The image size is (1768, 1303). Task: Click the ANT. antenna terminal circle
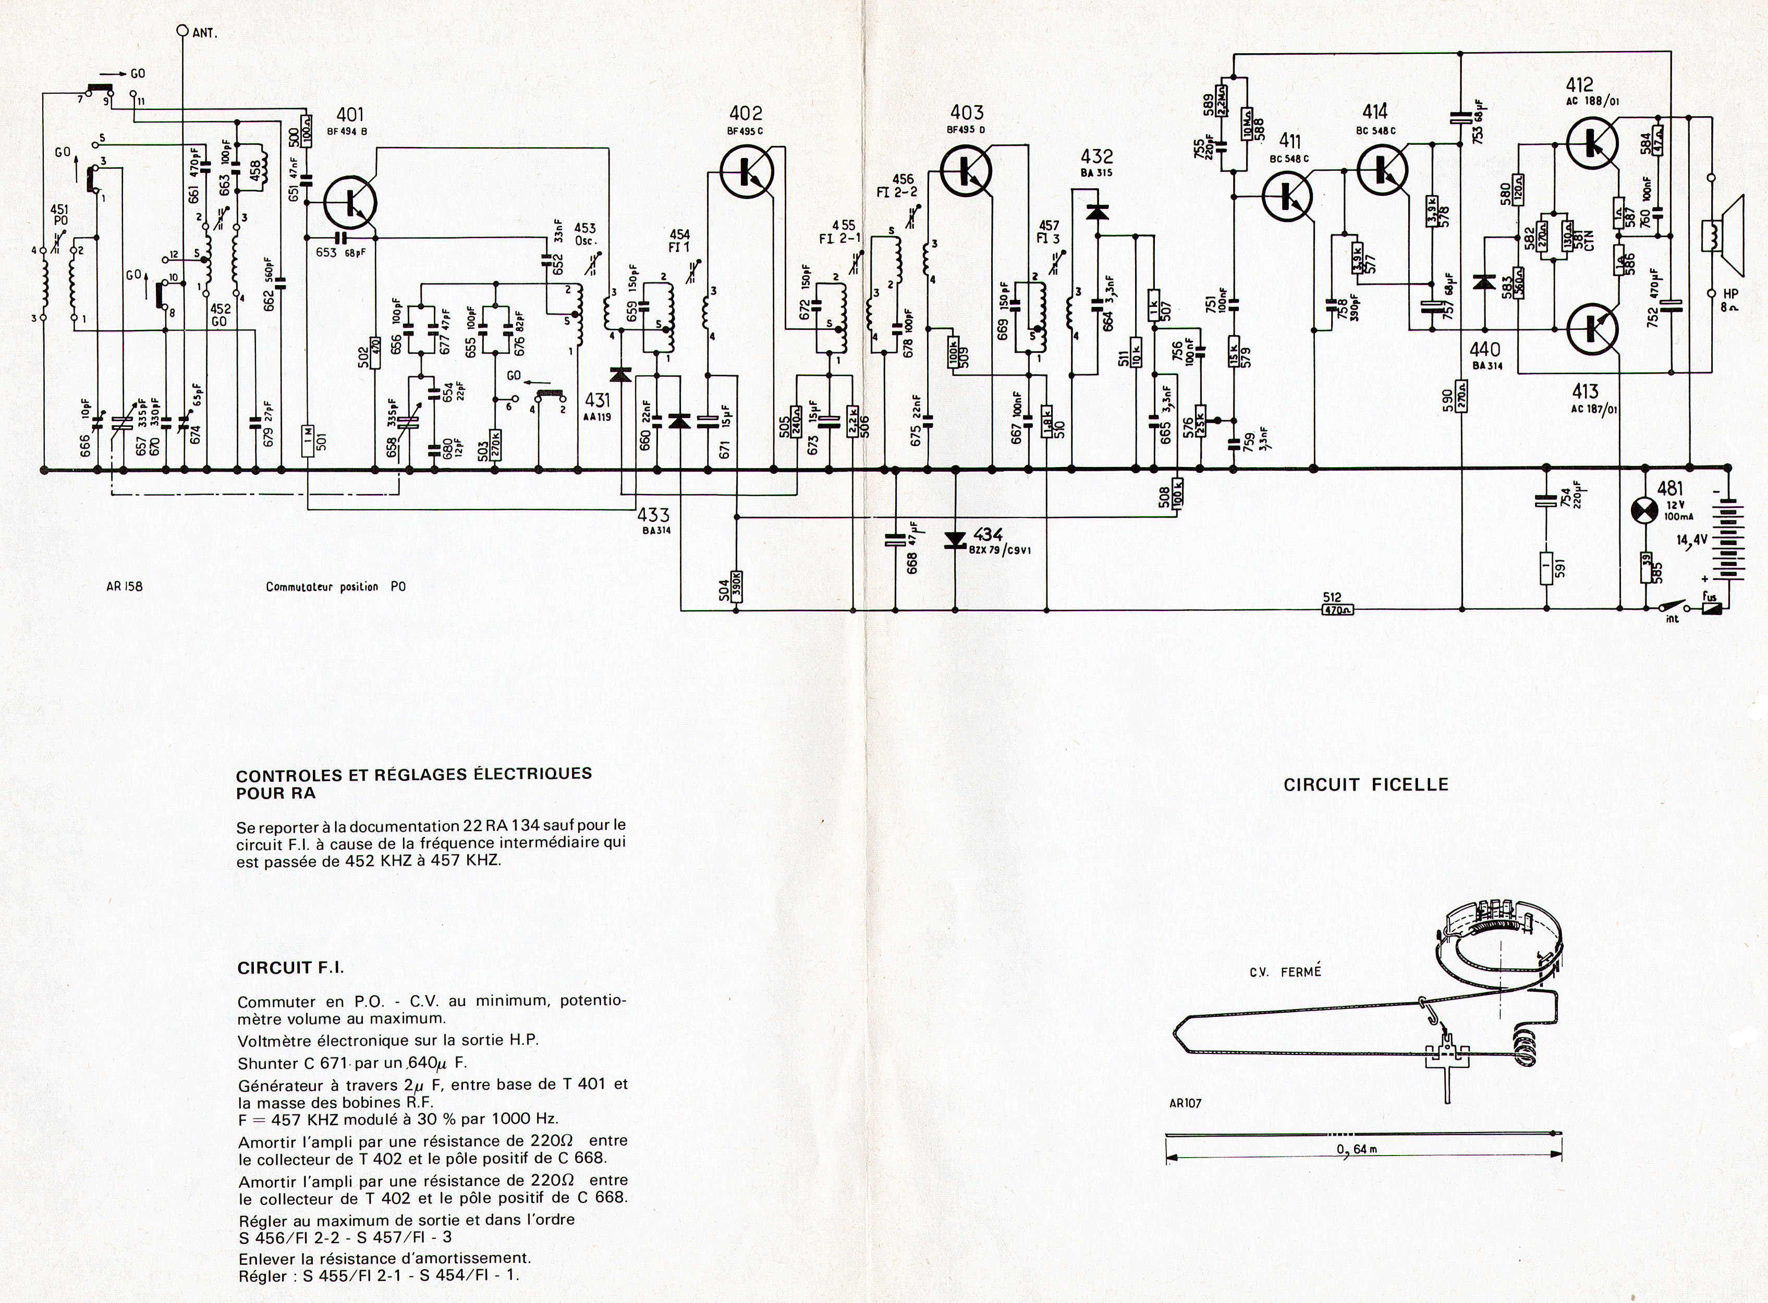coord(182,32)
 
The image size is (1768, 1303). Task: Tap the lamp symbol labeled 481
coord(1647,510)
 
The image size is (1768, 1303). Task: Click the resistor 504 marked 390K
coord(736,586)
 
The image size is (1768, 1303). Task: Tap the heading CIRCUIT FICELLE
coord(1365,785)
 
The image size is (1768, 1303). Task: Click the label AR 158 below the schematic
coord(125,587)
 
